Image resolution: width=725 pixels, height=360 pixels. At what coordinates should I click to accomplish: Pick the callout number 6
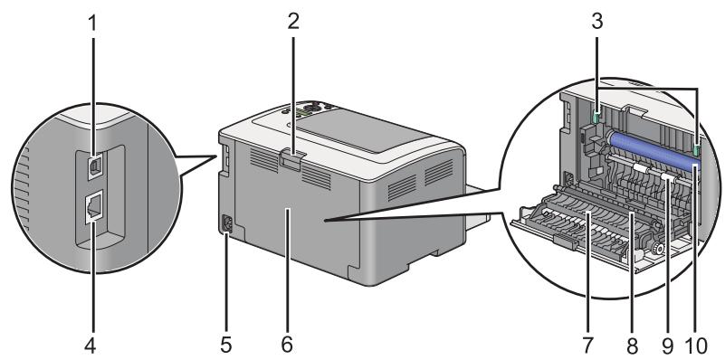287,345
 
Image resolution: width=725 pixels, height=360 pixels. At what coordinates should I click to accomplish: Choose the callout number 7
588,345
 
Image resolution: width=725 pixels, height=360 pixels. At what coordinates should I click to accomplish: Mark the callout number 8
633,345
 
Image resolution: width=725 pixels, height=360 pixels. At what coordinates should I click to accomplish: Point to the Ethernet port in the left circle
93,211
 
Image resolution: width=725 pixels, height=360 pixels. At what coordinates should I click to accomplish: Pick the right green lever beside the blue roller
695,148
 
